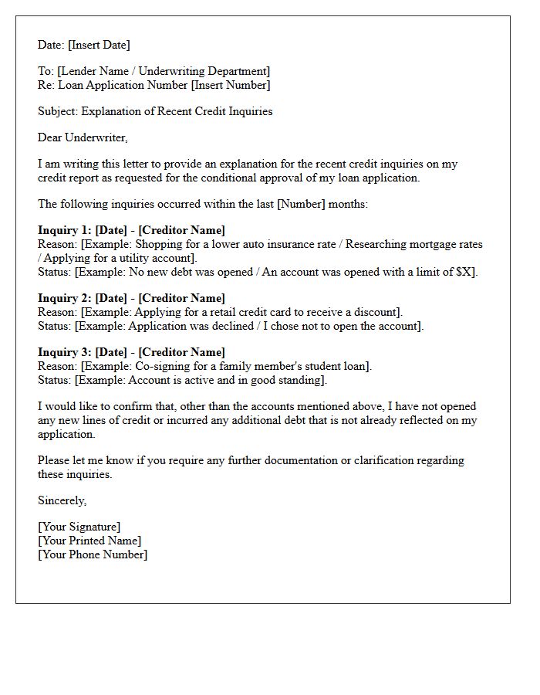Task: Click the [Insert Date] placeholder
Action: click(99, 45)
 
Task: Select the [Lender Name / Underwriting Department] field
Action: click(164, 72)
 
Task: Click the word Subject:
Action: click(59, 111)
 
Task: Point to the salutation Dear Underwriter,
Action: click(83, 137)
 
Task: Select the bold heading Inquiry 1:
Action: click(64, 230)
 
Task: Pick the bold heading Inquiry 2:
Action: click(64, 298)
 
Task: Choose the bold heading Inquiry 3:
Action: click(64, 352)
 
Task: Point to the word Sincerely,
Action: click(62, 500)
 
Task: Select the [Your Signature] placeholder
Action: click(79, 527)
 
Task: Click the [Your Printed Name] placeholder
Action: click(89, 541)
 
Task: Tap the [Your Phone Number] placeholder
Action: click(93, 554)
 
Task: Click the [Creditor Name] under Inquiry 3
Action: click(182, 352)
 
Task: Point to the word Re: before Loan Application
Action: click(46, 85)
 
